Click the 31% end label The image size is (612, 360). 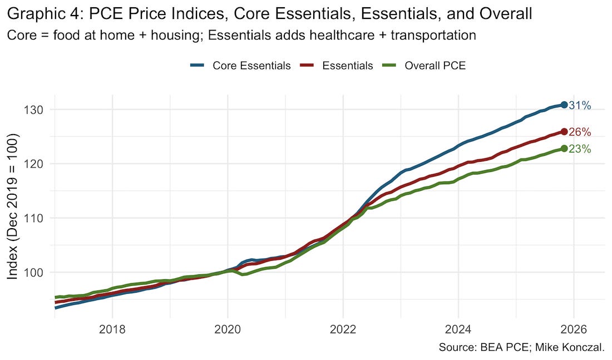pos(580,105)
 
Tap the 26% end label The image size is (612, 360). pos(580,132)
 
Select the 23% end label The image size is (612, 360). pos(580,149)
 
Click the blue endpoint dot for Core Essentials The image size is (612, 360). pos(564,105)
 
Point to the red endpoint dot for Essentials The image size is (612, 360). pos(564,132)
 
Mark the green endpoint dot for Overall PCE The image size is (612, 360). pos(564,149)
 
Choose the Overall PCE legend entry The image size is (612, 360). pos(435,66)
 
